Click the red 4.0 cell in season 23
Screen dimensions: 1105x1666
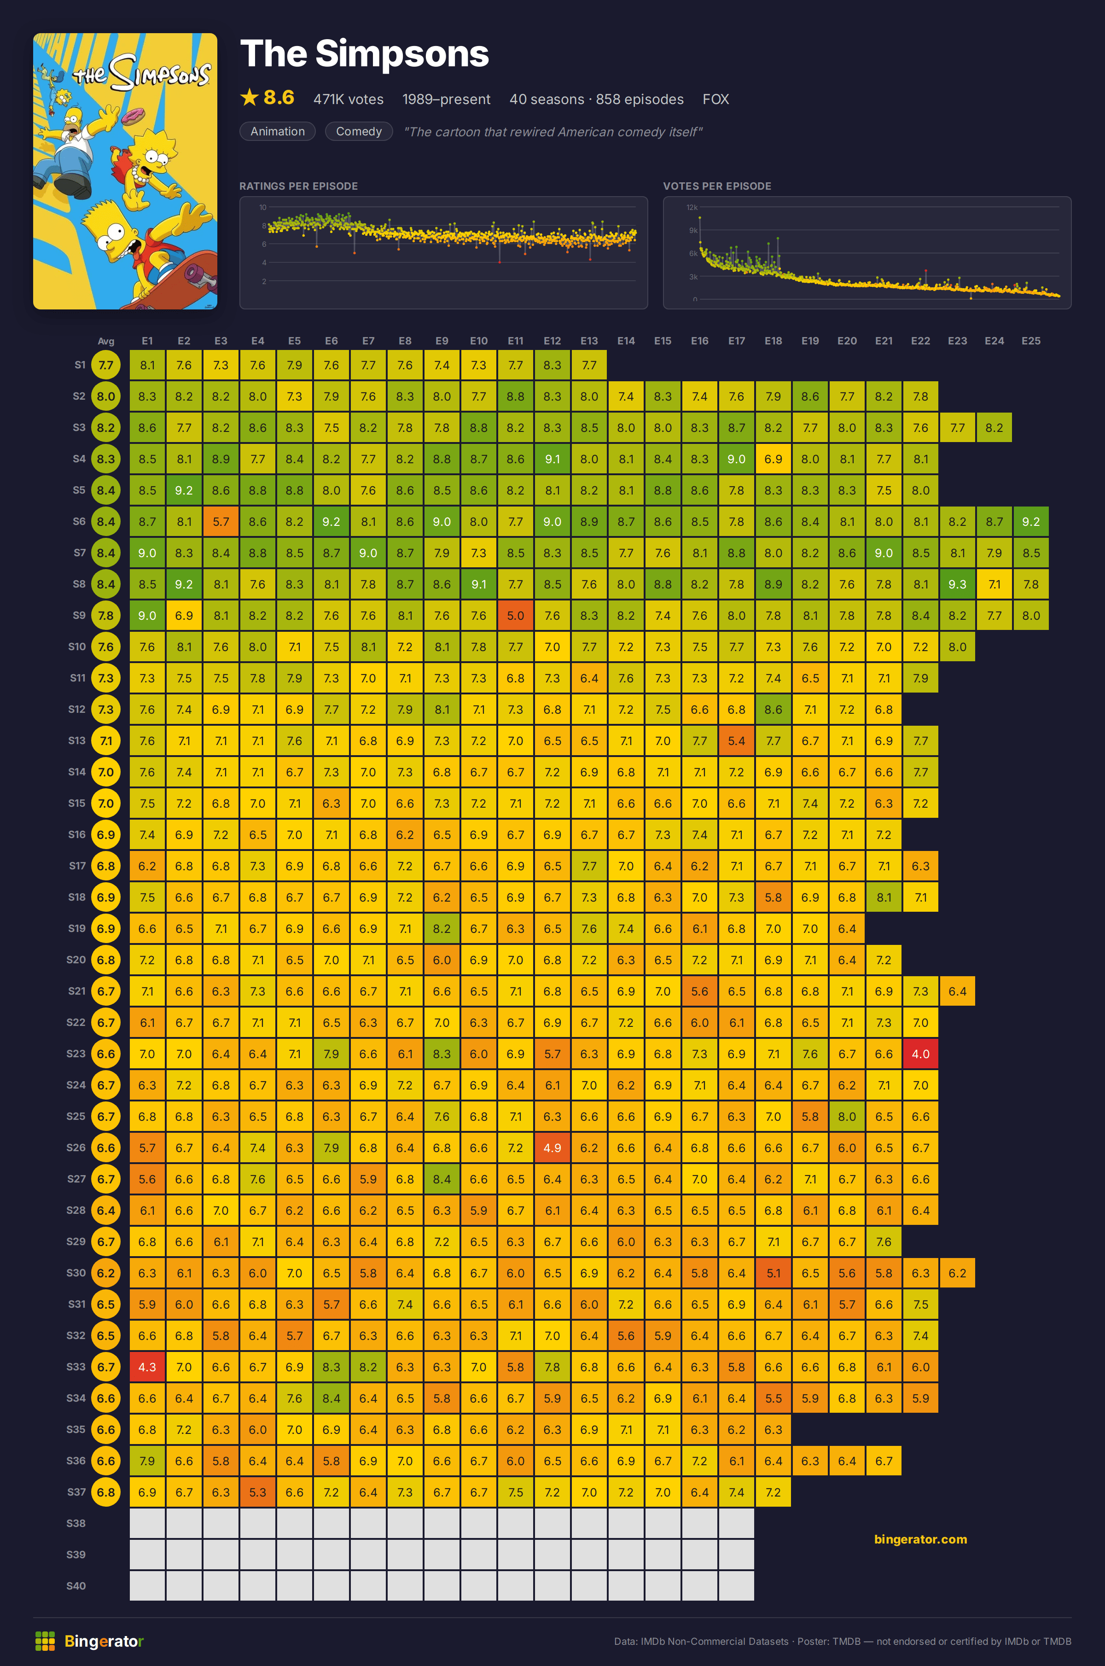click(x=920, y=1054)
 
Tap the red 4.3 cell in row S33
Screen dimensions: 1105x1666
click(x=147, y=1367)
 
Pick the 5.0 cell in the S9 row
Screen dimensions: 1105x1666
click(x=515, y=615)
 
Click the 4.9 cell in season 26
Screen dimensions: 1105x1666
click(x=552, y=1148)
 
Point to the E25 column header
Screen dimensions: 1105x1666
click(x=1031, y=340)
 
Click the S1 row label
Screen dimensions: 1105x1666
click(x=80, y=364)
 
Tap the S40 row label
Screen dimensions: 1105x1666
click(x=76, y=1586)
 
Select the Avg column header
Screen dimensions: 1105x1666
click(x=106, y=341)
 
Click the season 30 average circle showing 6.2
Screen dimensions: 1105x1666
click(x=106, y=1273)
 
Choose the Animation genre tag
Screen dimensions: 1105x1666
click(x=278, y=131)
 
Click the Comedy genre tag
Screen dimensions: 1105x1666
click(x=359, y=131)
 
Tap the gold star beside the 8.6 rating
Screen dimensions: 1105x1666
click(x=250, y=97)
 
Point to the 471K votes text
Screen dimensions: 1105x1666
click(x=349, y=99)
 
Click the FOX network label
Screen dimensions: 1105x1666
click(x=715, y=99)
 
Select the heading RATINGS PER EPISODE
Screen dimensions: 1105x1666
click(x=299, y=186)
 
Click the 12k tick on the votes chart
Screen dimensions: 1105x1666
click(x=692, y=207)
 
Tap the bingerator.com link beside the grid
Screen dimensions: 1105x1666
click(x=920, y=1539)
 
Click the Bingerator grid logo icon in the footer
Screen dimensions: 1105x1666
click(x=45, y=1641)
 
